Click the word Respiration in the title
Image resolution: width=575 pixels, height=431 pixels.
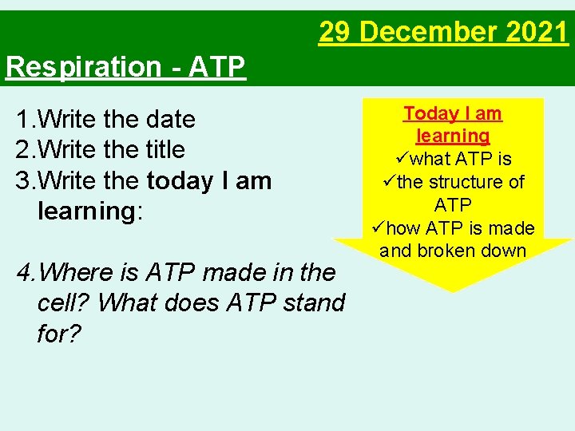pyautogui.click(x=83, y=67)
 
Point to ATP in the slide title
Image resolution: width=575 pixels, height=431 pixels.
pyautogui.click(x=217, y=67)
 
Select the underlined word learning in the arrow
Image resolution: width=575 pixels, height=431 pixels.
pyautogui.click(x=453, y=136)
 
